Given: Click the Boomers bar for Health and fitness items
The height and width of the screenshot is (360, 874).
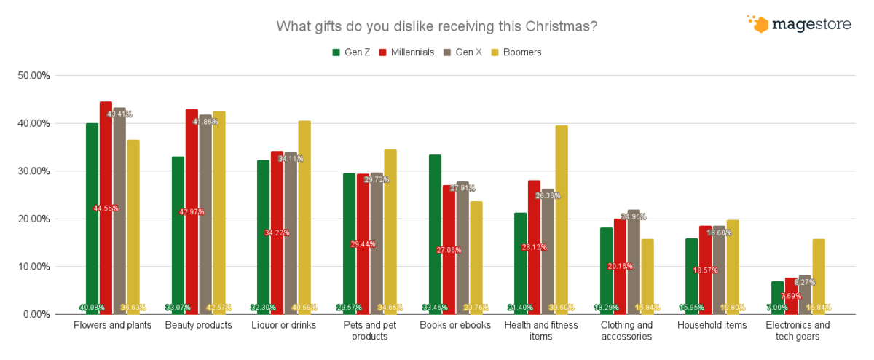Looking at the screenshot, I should click(562, 219).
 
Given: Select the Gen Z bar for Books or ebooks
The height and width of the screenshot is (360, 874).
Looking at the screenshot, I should click(436, 233).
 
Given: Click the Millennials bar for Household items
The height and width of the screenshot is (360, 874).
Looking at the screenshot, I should click(705, 270).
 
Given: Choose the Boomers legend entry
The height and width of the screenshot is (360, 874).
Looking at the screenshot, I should click(516, 52).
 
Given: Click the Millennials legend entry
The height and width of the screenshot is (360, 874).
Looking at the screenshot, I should click(406, 52).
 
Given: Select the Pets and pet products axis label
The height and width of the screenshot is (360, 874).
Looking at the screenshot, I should click(370, 330).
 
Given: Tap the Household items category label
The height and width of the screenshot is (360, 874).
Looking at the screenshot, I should click(712, 325).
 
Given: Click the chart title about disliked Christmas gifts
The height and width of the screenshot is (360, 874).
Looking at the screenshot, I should click(437, 27).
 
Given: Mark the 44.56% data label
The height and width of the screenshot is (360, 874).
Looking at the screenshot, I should click(106, 208).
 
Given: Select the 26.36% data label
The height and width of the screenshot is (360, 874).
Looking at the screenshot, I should click(548, 195).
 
